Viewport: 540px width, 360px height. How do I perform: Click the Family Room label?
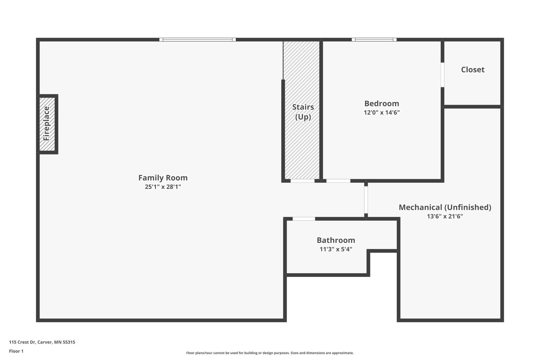pos(163,178)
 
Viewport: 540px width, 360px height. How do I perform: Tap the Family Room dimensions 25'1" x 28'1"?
pos(163,187)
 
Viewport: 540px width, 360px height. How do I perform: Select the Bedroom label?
pos(382,104)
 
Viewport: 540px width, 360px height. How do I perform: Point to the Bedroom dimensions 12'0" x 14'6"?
pos(382,112)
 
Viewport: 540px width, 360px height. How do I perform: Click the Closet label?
pos(473,70)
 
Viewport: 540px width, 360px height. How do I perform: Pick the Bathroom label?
pos(336,240)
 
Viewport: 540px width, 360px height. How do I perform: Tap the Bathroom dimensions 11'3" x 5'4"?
pos(336,249)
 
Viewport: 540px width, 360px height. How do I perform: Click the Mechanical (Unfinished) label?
pos(445,207)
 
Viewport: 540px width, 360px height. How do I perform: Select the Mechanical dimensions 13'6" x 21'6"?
pos(445,216)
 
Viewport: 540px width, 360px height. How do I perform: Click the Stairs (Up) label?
pos(303,112)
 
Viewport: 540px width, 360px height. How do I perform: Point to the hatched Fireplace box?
pos(47,124)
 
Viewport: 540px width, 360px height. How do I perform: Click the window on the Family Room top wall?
pos(198,40)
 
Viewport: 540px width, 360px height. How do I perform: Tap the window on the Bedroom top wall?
pos(374,40)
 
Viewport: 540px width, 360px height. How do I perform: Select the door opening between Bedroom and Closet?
pos(442,75)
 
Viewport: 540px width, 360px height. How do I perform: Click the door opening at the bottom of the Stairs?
pos(302,181)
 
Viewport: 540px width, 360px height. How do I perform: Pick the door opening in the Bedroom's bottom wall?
pos(338,181)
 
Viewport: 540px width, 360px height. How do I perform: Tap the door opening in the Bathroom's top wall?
pos(304,219)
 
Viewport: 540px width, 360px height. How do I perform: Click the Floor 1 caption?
pos(16,351)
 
